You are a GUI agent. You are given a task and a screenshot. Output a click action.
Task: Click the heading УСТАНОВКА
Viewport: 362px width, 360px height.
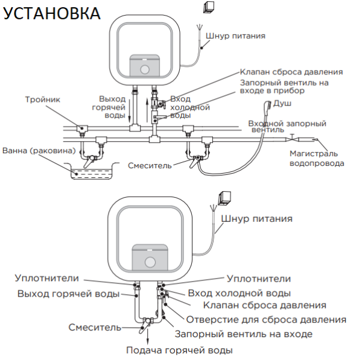tap(52, 13)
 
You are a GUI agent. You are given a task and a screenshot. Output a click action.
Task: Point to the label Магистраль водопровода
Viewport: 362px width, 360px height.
tap(317, 159)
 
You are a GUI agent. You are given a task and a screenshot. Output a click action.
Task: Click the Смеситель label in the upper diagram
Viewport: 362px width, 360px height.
tap(150, 165)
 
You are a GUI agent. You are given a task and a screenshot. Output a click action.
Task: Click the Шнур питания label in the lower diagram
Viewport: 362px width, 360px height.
tap(256, 218)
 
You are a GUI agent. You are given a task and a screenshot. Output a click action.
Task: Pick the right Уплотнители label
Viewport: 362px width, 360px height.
tap(258, 279)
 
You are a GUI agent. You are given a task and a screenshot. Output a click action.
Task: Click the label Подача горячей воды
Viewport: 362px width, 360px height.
tap(179, 350)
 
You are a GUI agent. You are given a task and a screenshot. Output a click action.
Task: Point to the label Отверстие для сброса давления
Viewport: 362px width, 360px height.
tap(267, 319)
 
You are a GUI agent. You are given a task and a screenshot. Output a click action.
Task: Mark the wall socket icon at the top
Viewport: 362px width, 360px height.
tap(209, 7)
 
